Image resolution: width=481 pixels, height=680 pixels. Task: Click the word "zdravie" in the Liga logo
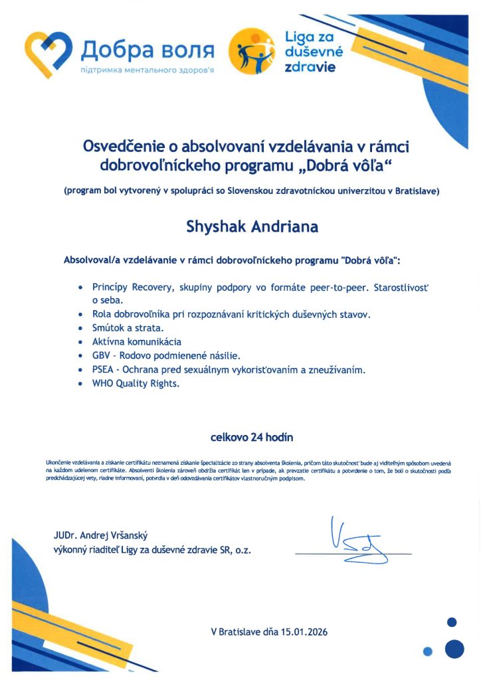click(310, 67)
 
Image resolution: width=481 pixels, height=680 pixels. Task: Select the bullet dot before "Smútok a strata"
click(80, 328)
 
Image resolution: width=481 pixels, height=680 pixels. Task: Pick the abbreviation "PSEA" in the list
click(106, 369)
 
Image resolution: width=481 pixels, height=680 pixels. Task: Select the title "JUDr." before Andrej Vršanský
click(67, 536)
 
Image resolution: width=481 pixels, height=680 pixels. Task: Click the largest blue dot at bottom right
click(454, 648)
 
